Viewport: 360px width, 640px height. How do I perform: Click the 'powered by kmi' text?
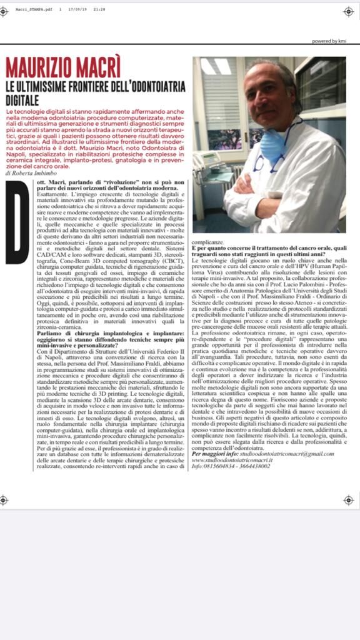pyautogui.click(x=327, y=41)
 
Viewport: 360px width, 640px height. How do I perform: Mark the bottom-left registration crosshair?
pyautogui.click(x=4, y=499)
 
